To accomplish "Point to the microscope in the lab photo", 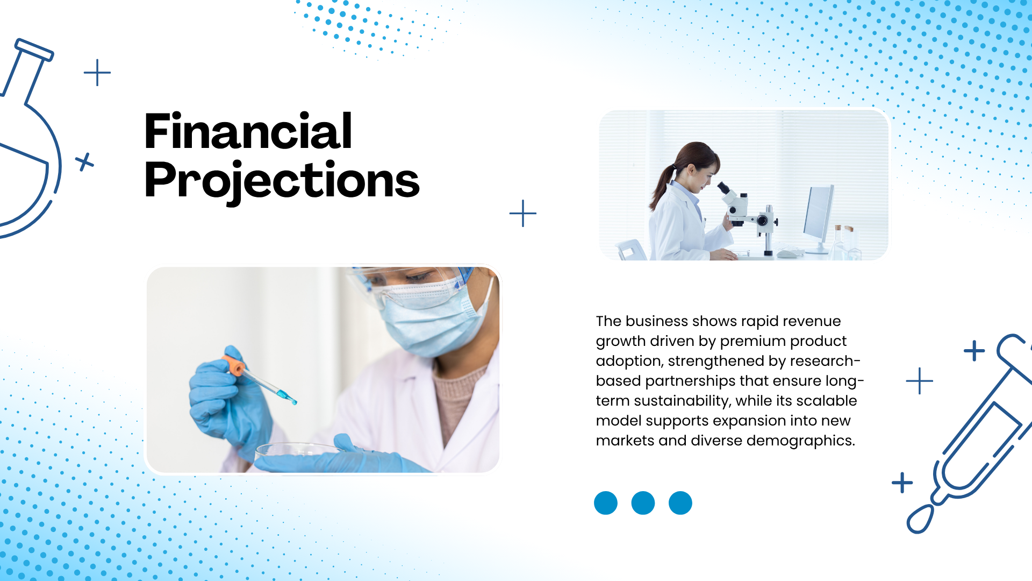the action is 748,215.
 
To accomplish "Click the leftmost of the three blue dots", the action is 606,503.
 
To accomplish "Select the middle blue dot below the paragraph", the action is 643,503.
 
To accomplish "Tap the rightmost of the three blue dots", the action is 680,503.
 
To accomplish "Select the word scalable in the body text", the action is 827,401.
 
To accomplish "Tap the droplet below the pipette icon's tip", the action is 920,519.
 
